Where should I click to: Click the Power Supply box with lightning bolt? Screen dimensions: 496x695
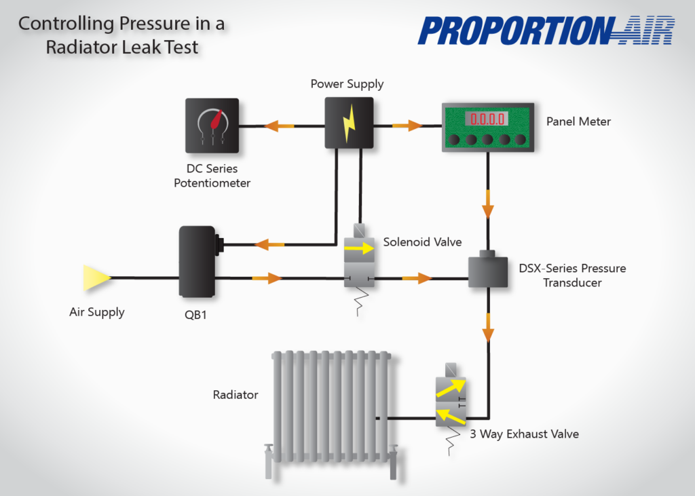[349, 123]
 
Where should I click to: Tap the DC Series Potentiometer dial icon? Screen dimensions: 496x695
[212, 126]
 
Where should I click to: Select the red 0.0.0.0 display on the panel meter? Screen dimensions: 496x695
[485, 119]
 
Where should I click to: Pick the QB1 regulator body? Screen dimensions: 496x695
[196, 262]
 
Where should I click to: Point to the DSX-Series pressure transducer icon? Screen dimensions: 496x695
[488, 272]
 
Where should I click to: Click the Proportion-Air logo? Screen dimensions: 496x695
[546, 31]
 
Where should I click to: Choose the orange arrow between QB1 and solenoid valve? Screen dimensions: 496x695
[267, 278]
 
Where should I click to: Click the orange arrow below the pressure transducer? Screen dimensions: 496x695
[488, 331]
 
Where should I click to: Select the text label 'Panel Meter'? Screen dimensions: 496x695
[578, 122]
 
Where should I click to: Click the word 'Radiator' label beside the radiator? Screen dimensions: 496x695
[236, 395]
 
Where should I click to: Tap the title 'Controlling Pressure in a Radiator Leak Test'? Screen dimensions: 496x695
[121, 36]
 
